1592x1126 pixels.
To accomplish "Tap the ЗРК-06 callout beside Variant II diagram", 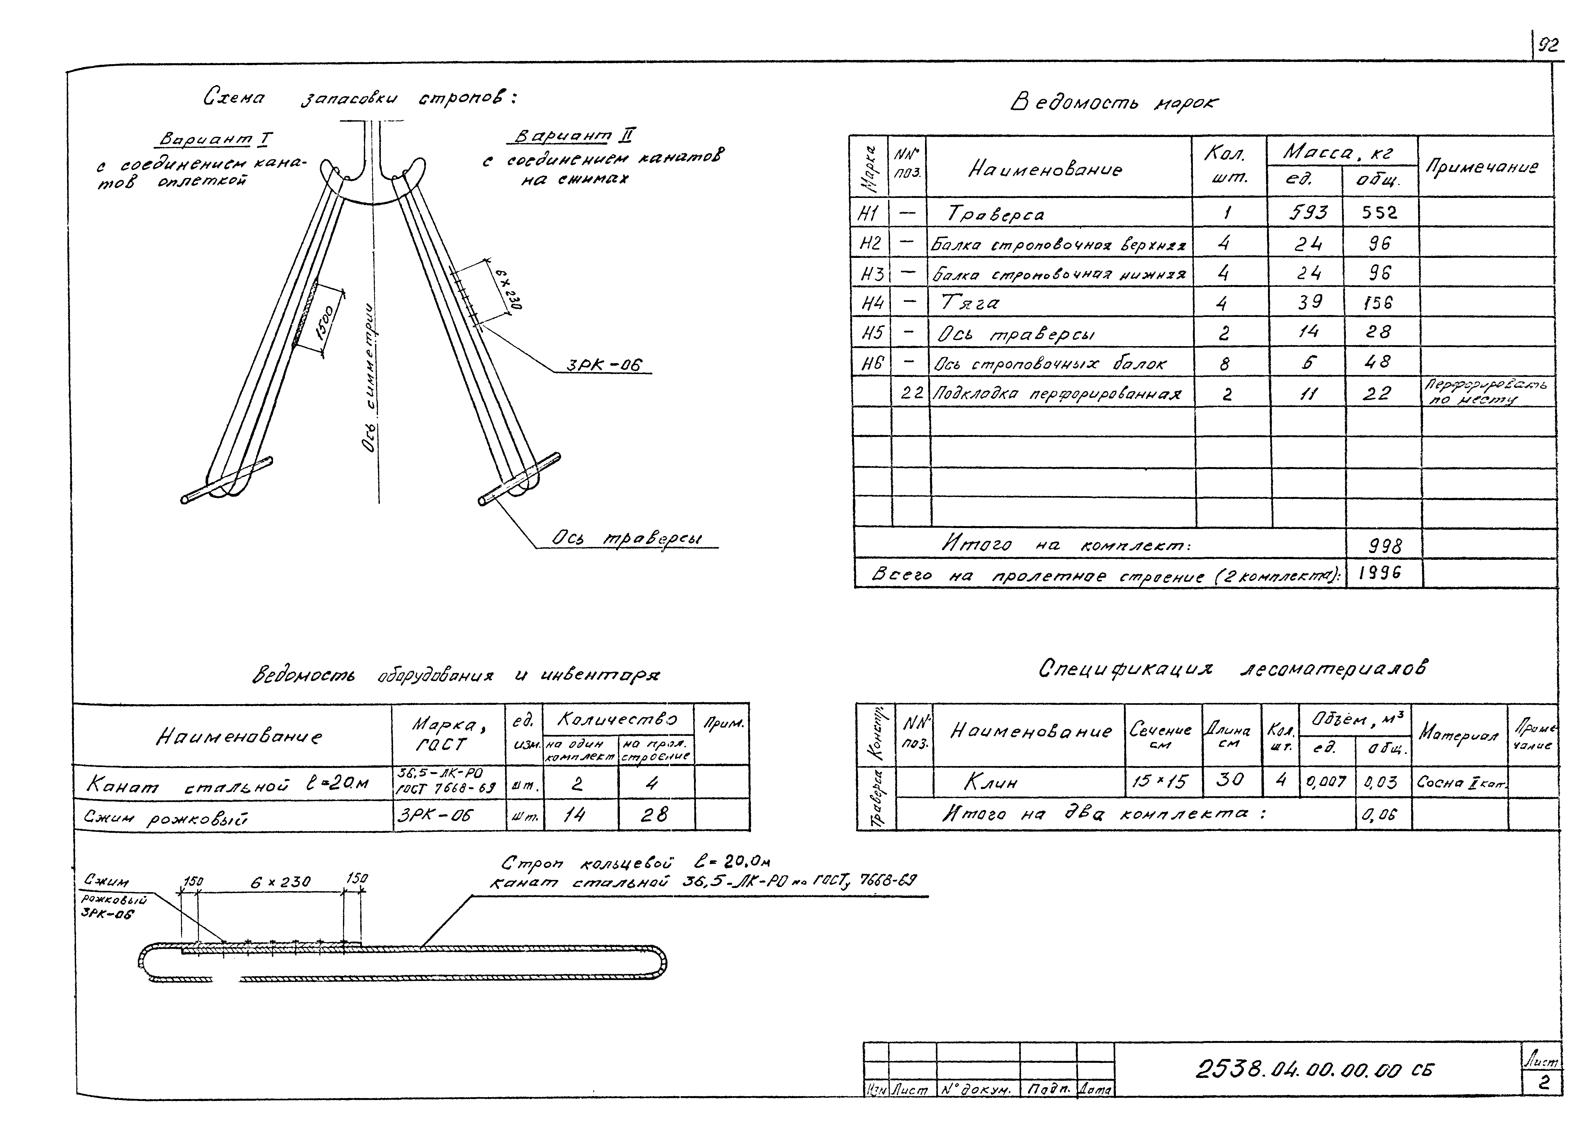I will [604, 365].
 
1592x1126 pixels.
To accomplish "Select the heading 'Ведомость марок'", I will [1113, 103].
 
